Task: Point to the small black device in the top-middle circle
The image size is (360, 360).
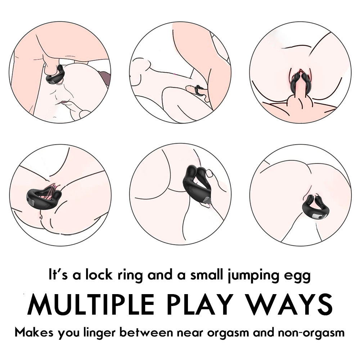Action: coord(197,91)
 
